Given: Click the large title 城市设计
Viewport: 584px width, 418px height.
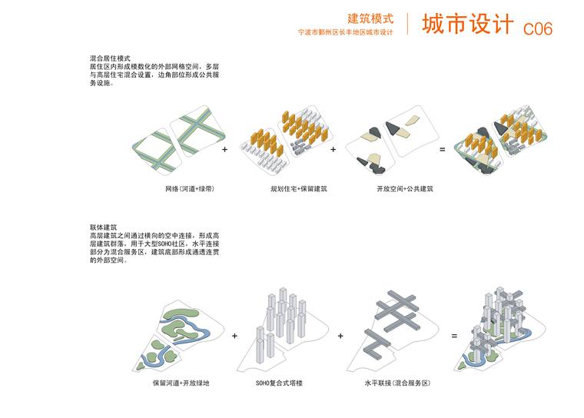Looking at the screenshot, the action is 468,24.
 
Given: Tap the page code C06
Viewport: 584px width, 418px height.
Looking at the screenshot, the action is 537,28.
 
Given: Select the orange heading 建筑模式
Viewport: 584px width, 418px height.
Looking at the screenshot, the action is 370,18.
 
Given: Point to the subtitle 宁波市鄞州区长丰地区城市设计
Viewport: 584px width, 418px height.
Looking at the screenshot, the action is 345,32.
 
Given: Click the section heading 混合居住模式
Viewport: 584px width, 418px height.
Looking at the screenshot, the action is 110,58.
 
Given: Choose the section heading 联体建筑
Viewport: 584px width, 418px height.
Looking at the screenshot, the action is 103,227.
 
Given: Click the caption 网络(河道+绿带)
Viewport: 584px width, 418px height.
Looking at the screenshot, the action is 190,189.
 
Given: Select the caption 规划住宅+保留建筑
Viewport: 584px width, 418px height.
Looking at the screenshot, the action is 299,189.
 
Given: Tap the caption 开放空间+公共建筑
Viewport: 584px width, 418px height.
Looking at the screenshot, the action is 405,189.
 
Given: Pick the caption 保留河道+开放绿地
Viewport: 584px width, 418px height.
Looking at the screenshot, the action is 181,383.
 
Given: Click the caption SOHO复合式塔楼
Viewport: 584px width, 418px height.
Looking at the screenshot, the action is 279,383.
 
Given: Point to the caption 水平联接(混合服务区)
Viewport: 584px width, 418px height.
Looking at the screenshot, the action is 397,383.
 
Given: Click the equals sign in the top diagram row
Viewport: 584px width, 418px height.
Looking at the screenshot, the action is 442,149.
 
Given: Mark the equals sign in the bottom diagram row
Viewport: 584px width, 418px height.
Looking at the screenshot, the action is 454,336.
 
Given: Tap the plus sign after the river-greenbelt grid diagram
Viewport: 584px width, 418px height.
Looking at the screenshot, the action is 224,149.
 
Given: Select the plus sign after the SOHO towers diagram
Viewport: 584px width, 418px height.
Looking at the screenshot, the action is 340,336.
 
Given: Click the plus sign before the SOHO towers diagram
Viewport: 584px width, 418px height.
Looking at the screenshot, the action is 234,336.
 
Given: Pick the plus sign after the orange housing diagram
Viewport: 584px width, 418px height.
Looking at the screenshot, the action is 333,149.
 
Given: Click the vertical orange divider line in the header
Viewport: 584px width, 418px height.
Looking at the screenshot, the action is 407,24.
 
